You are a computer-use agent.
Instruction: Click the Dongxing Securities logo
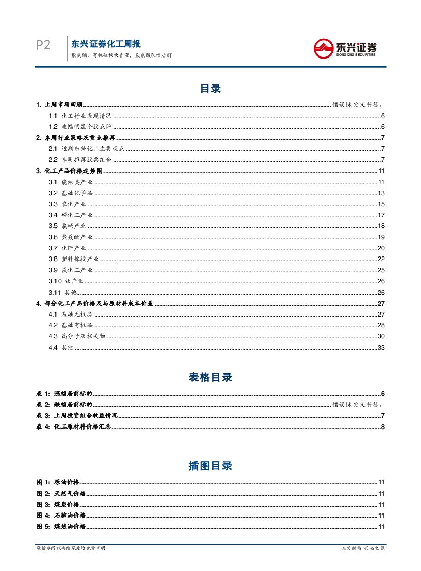pyautogui.click(x=345, y=48)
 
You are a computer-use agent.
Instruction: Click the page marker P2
pyautogui.click(x=43, y=46)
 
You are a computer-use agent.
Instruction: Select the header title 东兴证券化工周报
pyautogui.click(x=106, y=44)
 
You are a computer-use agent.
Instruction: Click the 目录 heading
pyautogui.click(x=210, y=89)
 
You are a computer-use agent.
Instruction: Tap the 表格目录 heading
pyautogui.click(x=210, y=377)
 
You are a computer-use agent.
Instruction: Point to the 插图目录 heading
pyautogui.click(x=210, y=466)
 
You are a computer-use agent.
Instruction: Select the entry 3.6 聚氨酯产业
pyautogui.click(x=71, y=237)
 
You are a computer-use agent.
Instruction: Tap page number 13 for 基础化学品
pyautogui.click(x=381, y=193)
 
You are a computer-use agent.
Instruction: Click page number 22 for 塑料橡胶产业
pyautogui.click(x=381, y=259)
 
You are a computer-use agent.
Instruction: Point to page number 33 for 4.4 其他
pyautogui.click(x=381, y=347)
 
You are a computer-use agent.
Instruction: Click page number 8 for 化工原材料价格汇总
pyautogui.click(x=382, y=426)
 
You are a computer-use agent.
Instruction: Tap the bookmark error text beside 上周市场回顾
pyautogui.click(x=358, y=105)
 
